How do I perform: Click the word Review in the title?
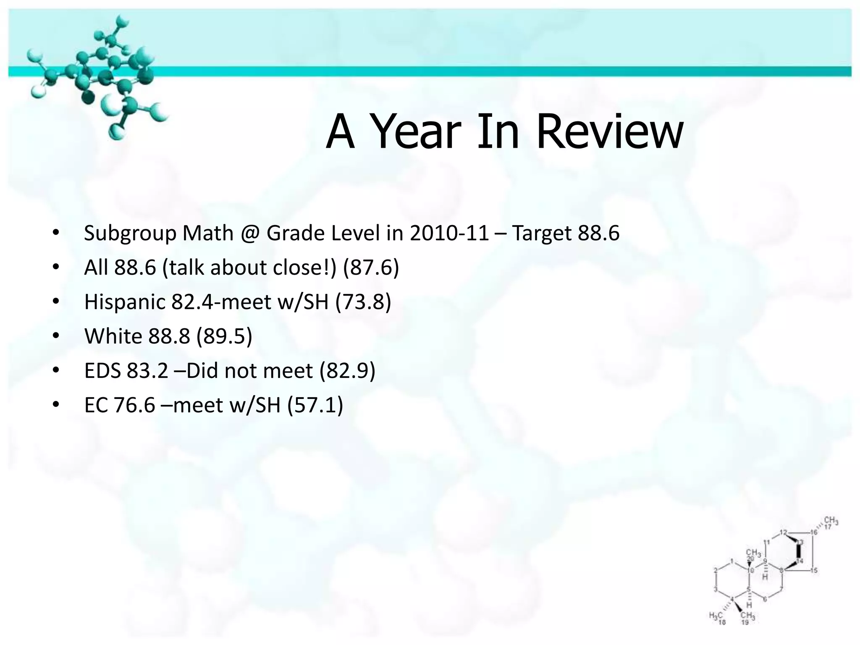610,132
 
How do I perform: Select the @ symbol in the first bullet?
250,233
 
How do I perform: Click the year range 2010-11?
449,233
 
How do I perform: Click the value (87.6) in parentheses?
371,268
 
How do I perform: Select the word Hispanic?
125,302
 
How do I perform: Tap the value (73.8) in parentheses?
363,302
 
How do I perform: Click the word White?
113,336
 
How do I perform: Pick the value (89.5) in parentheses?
224,336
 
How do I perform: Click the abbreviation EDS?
102,371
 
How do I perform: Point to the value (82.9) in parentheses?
347,371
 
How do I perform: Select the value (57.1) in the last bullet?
315,405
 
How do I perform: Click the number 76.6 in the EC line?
134,405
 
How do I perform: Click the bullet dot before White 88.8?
56,336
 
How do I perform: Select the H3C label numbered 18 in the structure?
716,616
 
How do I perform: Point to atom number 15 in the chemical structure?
813,570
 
